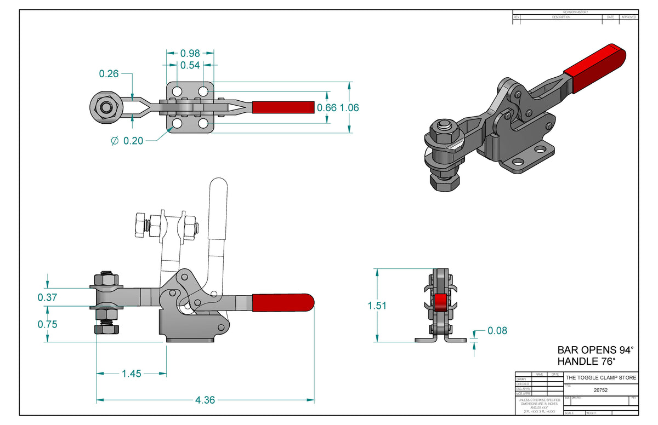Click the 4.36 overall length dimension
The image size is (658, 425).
click(x=205, y=400)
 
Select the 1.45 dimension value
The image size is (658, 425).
click(x=132, y=374)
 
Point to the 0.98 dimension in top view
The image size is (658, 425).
click(x=190, y=53)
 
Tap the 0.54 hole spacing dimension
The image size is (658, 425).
click(x=190, y=65)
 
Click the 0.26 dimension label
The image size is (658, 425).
click(x=109, y=73)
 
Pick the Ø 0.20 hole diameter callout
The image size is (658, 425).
click(x=127, y=141)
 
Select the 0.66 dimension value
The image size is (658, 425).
click(x=327, y=107)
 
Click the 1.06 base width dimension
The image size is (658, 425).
click(x=349, y=107)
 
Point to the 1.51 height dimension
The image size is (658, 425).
click(x=377, y=306)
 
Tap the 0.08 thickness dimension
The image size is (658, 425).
click(x=497, y=330)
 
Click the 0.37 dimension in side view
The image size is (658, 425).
click(x=48, y=297)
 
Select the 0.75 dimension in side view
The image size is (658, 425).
click(x=48, y=324)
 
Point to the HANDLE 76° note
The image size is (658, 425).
click(x=586, y=361)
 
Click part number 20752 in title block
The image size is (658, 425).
click(x=601, y=390)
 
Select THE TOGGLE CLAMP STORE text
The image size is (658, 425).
click(x=601, y=378)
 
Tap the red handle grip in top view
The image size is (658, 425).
click(x=283, y=107)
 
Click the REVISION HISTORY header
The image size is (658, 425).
click(x=575, y=12)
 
